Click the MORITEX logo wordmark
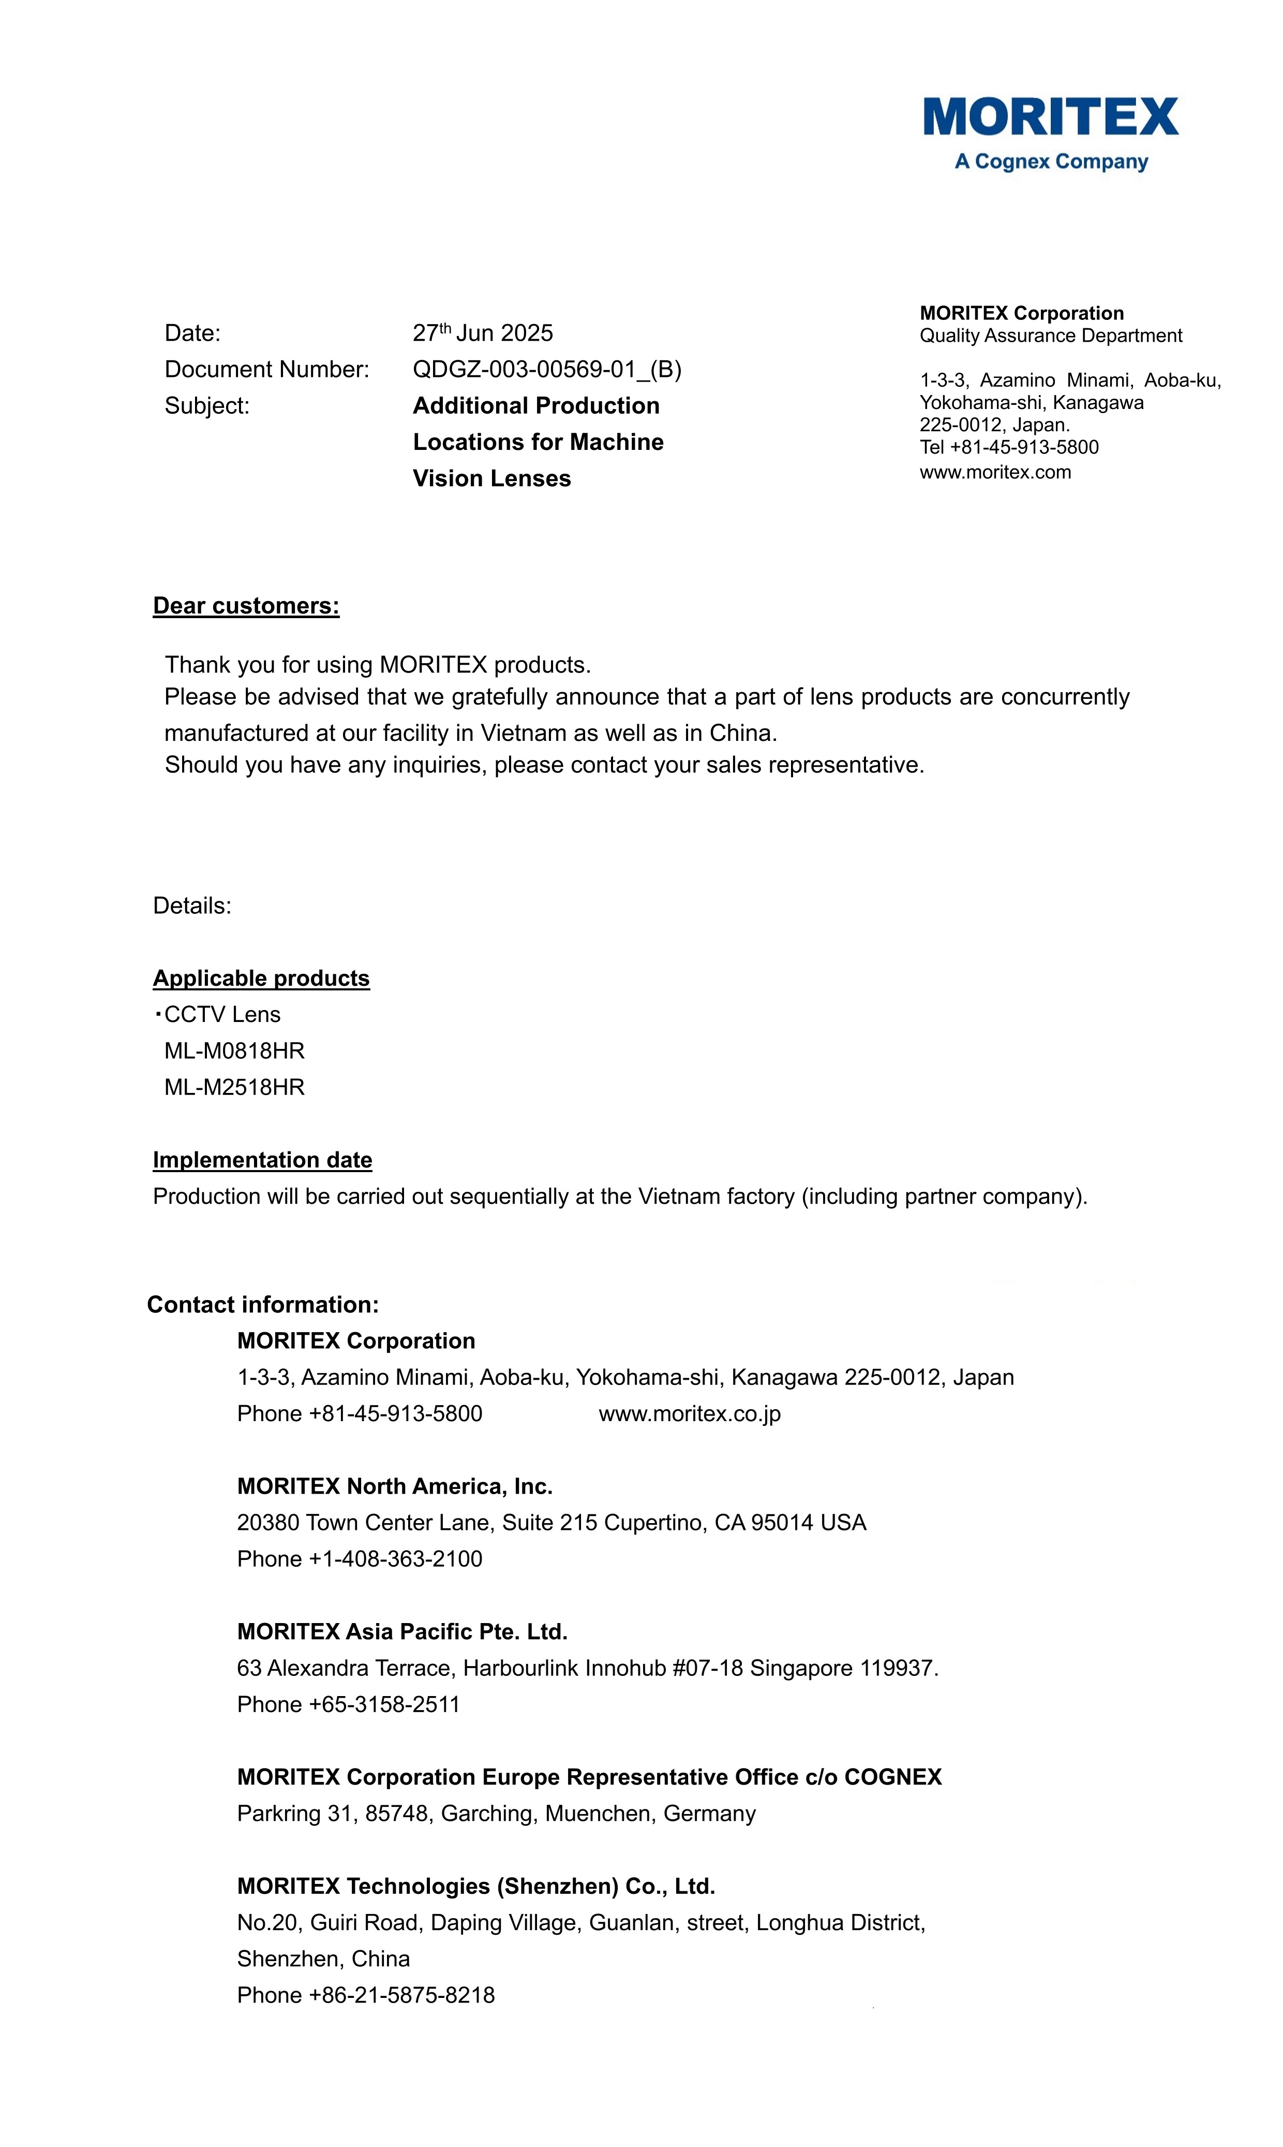[1050, 117]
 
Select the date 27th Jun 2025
[483, 333]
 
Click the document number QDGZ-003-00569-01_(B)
[546, 369]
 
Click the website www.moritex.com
[995, 472]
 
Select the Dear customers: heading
[246, 606]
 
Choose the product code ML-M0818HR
[234, 1051]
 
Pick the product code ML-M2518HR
[234, 1087]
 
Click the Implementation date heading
[262, 1160]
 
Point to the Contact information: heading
[263, 1305]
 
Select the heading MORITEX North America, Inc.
[394, 1486]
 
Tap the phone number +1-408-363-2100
[395, 1559]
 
